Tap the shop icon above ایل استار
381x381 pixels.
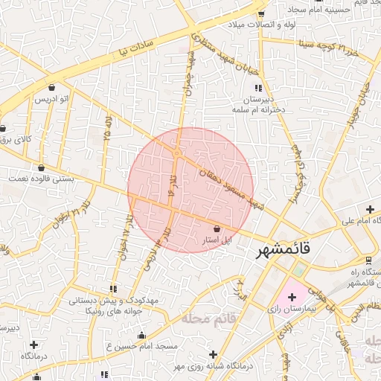217,229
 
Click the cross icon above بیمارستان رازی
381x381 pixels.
292,297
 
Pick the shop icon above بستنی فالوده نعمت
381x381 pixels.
40,167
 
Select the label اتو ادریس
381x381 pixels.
52,98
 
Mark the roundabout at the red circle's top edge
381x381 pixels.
177,153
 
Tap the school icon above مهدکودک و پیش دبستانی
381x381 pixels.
113,289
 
